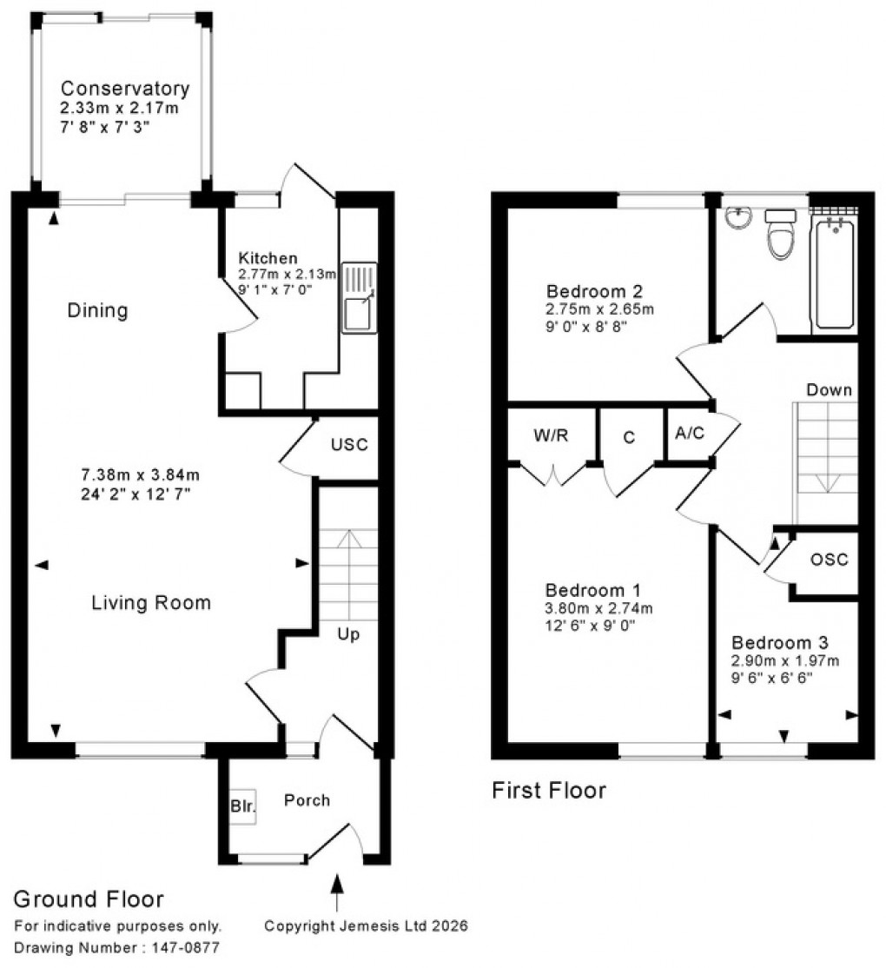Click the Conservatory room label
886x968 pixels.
point(124,89)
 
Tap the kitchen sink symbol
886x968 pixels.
point(359,297)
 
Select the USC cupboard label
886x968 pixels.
point(349,445)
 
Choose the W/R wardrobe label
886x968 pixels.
point(550,434)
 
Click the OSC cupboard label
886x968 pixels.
point(829,560)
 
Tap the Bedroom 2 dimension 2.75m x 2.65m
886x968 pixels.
point(599,308)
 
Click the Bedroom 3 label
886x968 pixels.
point(779,643)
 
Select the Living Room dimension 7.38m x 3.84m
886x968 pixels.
point(141,475)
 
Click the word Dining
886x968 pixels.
point(97,310)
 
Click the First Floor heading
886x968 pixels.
point(549,791)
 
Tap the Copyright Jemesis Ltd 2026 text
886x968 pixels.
point(366,926)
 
